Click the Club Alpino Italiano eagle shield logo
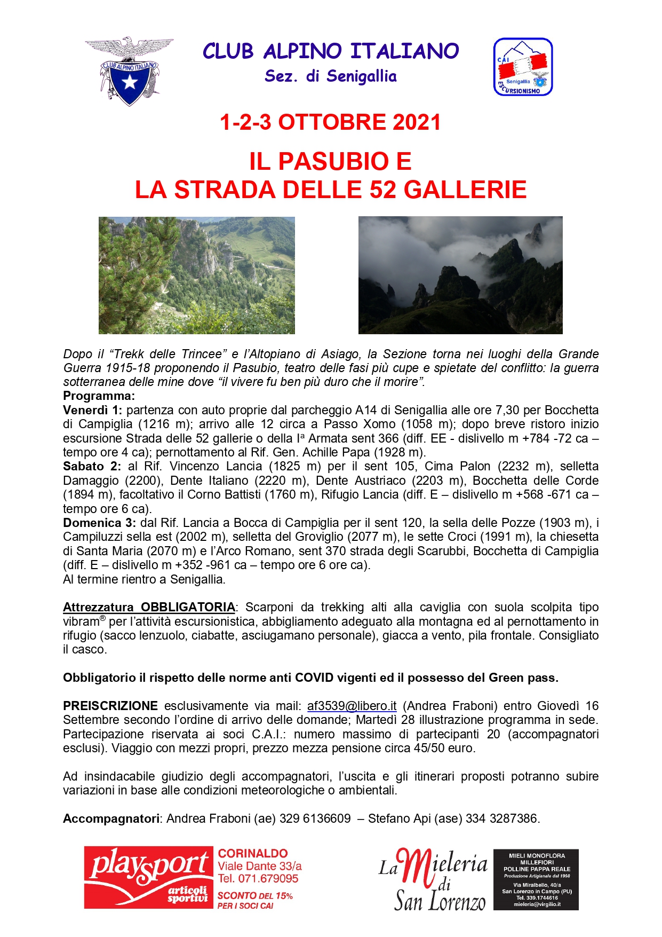pyautogui.click(x=129, y=70)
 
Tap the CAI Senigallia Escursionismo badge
pyautogui.click(x=523, y=67)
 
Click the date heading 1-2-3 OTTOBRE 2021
pyautogui.click(x=330, y=122)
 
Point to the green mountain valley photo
pyautogui.click(x=196, y=275)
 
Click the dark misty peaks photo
pyautogui.click(x=460, y=275)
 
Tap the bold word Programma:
pyautogui.click(x=99, y=396)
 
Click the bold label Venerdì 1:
pyautogui.click(x=92, y=410)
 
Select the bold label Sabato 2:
pyautogui.click(x=92, y=466)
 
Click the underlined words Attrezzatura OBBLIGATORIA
pyautogui.click(x=149, y=607)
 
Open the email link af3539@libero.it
pyautogui.click(x=352, y=706)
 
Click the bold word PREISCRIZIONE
pyautogui.click(x=110, y=706)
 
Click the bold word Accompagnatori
pyautogui.click(x=111, y=818)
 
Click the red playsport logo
pyautogui.click(x=148, y=877)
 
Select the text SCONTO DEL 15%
pyautogui.click(x=255, y=895)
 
